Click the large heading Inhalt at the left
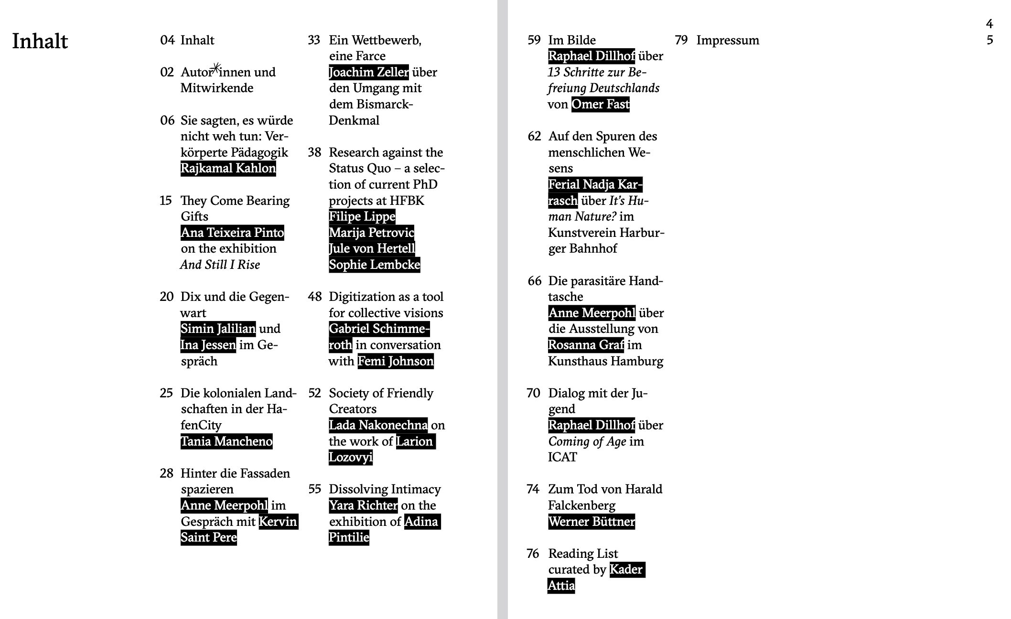(x=40, y=42)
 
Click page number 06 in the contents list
(x=167, y=120)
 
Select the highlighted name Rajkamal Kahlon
(x=228, y=169)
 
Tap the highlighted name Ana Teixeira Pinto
(x=232, y=233)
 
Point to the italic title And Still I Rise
(x=220, y=265)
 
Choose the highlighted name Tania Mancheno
(x=226, y=441)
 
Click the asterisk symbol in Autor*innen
(x=216, y=68)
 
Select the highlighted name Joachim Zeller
(x=368, y=72)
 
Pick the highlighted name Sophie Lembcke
(x=374, y=265)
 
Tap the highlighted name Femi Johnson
(x=395, y=361)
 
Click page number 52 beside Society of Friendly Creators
(x=314, y=393)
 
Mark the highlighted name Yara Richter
(x=363, y=505)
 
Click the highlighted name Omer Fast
(x=600, y=104)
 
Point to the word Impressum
(x=727, y=40)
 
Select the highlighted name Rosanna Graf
(x=586, y=345)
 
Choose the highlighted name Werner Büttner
(x=592, y=522)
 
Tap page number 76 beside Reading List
(x=533, y=554)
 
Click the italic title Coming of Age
(x=587, y=442)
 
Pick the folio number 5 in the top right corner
(x=989, y=40)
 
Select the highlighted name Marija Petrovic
(x=371, y=233)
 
